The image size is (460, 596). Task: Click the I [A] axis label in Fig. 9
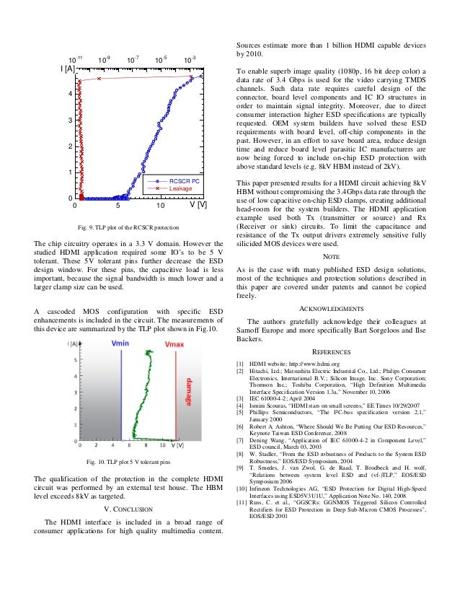[67, 69]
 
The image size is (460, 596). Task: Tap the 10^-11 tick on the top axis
[75, 58]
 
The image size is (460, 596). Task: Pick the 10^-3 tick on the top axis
[190, 58]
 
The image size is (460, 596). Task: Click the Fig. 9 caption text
[128, 228]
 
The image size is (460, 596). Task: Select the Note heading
[331, 256]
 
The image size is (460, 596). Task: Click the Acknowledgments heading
[331, 308]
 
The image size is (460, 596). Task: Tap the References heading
[331, 352]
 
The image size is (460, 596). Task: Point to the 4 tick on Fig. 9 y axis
[69, 95]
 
